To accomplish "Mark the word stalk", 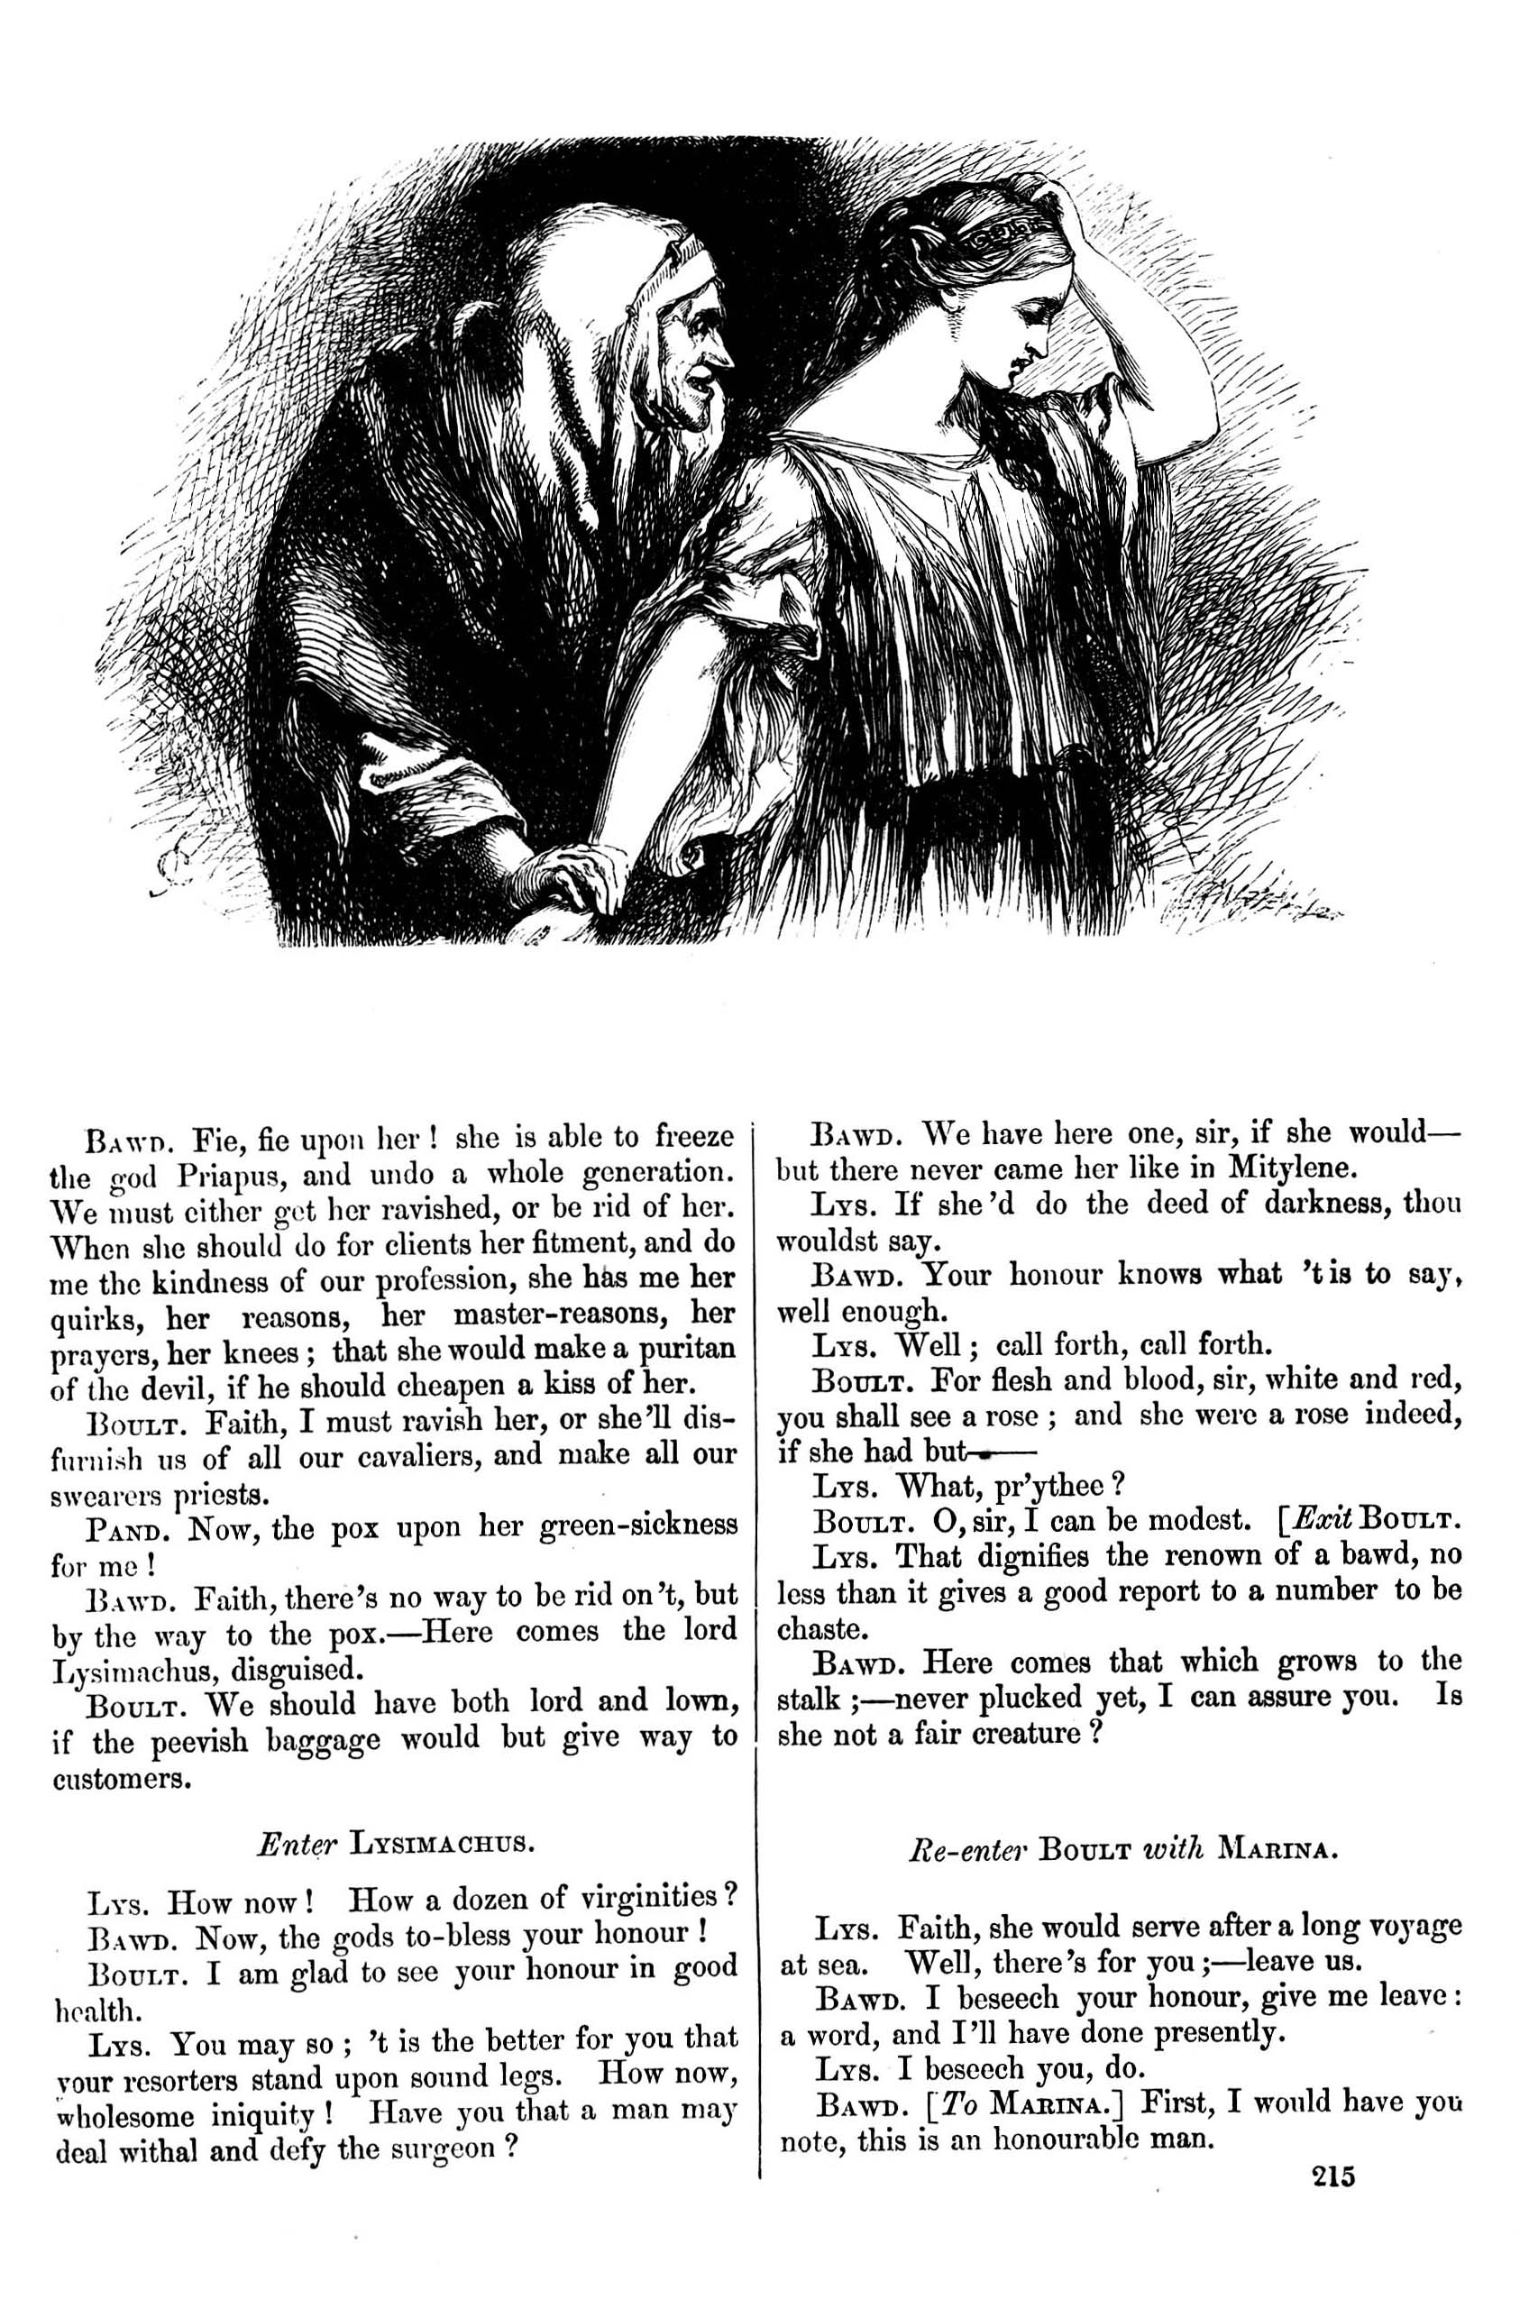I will click(810, 1699).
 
